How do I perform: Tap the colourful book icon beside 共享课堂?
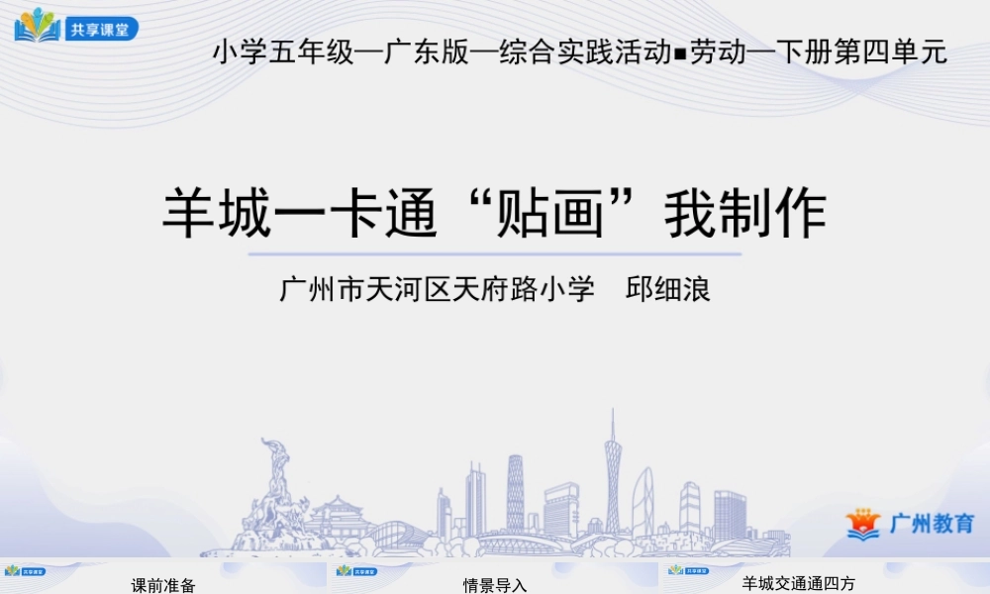pyautogui.click(x=38, y=26)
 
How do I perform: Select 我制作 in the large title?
pyautogui.click(x=744, y=215)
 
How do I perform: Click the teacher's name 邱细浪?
pyautogui.click(x=669, y=290)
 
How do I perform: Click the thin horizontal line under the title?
pyautogui.click(x=494, y=254)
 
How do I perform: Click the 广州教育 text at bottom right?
pyautogui.click(x=932, y=524)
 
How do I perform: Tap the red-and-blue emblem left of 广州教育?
pyautogui.click(x=862, y=524)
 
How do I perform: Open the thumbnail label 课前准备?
pyautogui.click(x=164, y=585)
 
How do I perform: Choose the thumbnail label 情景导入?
pyautogui.click(x=495, y=585)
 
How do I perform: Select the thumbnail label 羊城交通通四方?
pyautogui.click(x=798, y=583)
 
